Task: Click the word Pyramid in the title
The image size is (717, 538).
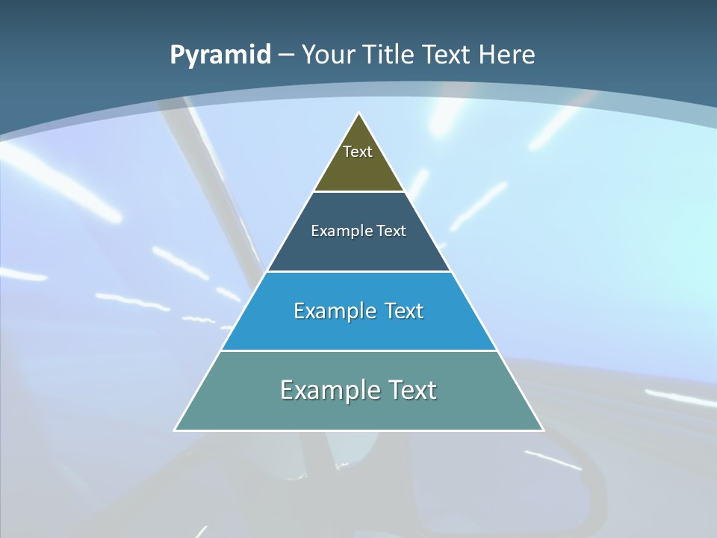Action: click(220, 55)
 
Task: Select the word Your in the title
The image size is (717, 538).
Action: click(329, 55)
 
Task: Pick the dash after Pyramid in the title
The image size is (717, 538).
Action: click(285, 55)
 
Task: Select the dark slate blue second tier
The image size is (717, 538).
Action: click(358, 250)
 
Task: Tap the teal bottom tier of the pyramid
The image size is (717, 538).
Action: click(358, 411)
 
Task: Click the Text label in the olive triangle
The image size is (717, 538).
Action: click(358, 152)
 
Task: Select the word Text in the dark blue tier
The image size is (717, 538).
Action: click(391, 231)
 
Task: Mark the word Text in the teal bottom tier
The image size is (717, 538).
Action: click(410, 390)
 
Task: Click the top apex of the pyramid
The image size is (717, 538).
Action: click(359, 114)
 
